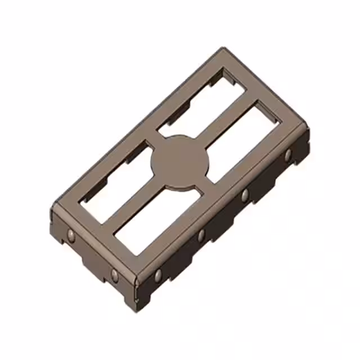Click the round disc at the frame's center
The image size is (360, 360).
[x=179, y=163]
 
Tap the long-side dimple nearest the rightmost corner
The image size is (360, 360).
[x=288, y=155]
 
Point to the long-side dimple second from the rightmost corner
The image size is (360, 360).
[x=245, y=195]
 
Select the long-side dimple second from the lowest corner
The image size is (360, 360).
[x=201, y=235]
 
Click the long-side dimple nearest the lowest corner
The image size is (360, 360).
[x=158, y=275]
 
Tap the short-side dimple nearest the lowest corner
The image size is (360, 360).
[x=115, y=275]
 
